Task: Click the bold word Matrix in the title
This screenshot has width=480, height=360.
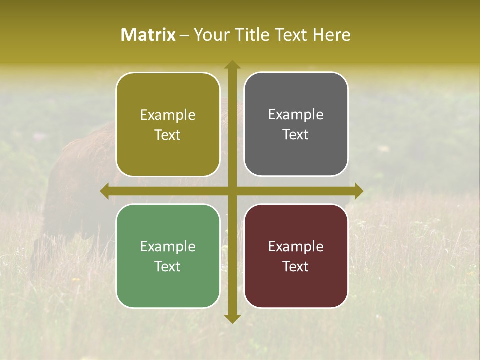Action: tap(148, 35)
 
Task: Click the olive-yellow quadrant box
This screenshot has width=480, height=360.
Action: tap(168, 124)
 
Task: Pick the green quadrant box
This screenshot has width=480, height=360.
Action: tap(168, 256)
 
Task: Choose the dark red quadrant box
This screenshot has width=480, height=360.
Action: tap(296, 256)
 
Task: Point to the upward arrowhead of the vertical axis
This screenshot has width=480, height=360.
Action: tap(232, 65)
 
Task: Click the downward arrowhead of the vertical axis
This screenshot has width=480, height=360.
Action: tap(232, 318)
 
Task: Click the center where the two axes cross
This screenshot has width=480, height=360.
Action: tap(232, 191)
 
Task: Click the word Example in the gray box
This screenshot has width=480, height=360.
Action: tap(296, 115)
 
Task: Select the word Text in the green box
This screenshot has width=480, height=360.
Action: tap(168, 266)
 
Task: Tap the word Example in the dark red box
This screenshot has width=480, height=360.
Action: tap(296, 246)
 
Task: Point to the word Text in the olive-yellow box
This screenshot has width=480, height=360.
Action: tap(168, 135)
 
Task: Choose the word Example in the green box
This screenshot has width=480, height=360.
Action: tap(168, 246)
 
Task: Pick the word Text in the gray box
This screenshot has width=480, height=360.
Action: tap(296, 134)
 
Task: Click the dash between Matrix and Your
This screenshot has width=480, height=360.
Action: tap(184, 35)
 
